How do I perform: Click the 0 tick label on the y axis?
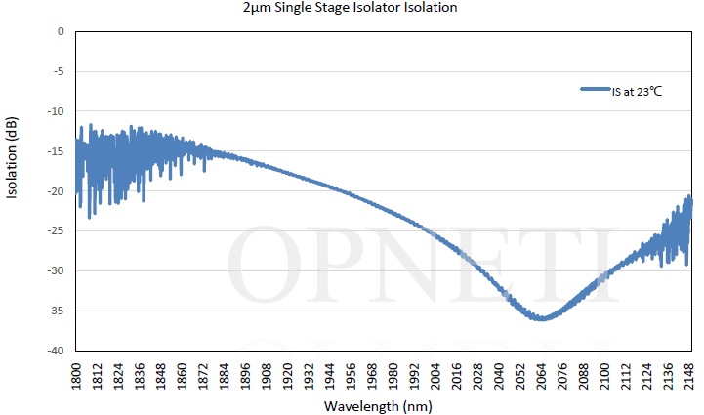click(60, 31)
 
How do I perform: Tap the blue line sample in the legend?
click(596, 90)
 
